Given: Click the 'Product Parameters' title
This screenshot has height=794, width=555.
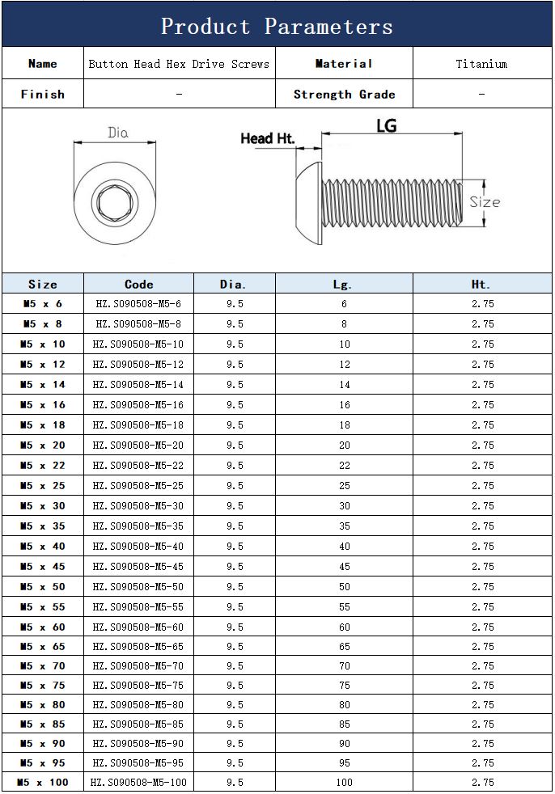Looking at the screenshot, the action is (277, 27).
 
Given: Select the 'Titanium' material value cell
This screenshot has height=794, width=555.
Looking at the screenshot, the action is (481, 64).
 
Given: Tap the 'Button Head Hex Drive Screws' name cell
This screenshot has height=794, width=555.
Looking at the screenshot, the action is (179, 64).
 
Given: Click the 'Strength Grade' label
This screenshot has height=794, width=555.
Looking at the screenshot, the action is (344, 94).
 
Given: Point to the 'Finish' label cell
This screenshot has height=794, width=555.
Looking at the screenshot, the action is (43, 94).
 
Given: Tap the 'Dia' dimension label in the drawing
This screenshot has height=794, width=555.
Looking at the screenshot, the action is (117, 133).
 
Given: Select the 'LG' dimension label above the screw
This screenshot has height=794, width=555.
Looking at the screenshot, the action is (386, 125).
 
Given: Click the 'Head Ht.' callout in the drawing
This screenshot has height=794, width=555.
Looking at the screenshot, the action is (267, 138).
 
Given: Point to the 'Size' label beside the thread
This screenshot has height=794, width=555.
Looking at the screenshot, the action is (485, 202).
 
